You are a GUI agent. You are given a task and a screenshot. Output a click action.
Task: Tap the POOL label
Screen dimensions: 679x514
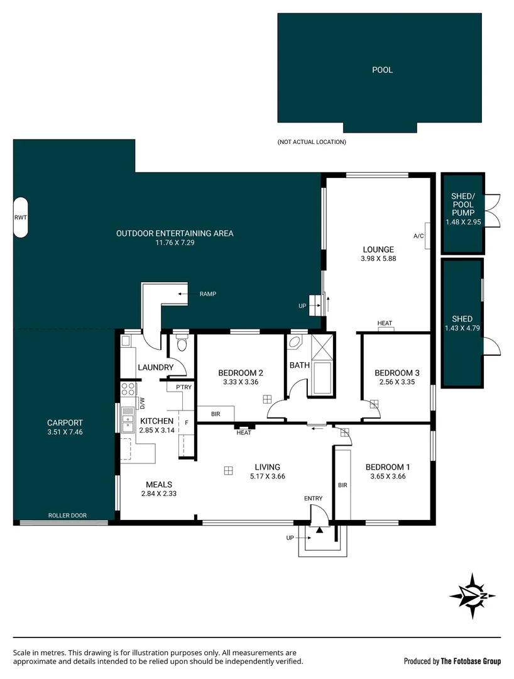(x=382, y=70)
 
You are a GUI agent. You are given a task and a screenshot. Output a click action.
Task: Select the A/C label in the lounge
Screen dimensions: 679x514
(x=418, y=236)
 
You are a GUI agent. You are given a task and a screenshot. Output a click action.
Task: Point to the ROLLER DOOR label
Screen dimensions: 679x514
(x=67, y=516)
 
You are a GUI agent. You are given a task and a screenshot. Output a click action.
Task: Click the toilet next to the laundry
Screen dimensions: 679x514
(x=182, y=344)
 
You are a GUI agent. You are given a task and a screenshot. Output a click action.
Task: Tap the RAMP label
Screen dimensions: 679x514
(x=207, y=294)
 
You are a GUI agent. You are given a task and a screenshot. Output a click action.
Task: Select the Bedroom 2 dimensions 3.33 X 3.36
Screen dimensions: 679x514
(x=240, y=382)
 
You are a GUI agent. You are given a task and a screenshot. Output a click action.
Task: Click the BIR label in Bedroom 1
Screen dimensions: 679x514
(x=342, y=485)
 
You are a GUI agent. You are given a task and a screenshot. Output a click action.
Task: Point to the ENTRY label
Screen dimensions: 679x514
(x=313, y=499)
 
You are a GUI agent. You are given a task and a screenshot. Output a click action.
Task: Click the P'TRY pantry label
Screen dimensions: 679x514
(x=183, y=387)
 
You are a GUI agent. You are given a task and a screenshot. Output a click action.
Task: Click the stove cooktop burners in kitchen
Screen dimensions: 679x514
(x=128, y=389)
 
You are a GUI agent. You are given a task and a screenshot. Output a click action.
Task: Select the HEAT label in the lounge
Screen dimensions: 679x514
(x=385, y=323)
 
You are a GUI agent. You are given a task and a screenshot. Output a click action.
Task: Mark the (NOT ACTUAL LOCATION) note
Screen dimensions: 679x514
(x=312, y=142)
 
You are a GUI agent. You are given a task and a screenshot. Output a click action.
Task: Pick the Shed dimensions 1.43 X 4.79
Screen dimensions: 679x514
(x=462, y=328)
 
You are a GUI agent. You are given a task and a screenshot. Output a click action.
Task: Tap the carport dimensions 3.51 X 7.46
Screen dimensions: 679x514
(x=64, y=432)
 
